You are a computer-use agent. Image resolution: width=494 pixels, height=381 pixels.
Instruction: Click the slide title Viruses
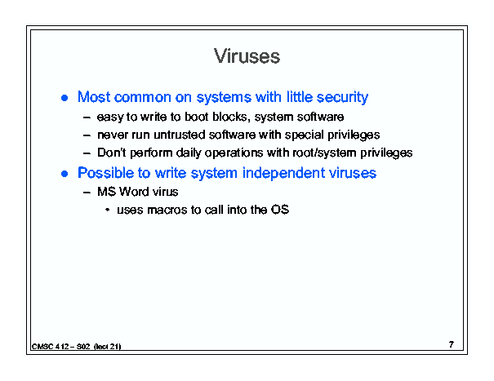247,56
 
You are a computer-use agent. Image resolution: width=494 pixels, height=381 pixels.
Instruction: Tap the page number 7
452,344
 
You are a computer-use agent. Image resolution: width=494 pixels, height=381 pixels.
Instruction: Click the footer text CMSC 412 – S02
60,347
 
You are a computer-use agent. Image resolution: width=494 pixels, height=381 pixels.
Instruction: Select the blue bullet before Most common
65,98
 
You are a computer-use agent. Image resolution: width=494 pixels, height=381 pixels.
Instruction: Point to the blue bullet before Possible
65,174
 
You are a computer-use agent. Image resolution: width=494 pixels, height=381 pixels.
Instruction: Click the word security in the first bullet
342,97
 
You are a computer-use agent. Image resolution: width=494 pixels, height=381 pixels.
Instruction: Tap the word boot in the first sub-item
197,117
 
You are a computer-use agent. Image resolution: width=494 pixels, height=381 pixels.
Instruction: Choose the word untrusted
180,135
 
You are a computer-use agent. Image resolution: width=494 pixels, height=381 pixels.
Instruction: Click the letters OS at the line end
280,210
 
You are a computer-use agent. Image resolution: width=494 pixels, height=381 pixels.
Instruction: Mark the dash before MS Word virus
87,192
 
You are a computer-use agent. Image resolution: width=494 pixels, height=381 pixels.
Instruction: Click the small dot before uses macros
108,210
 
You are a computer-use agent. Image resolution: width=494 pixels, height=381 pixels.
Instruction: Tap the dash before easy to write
87,117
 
